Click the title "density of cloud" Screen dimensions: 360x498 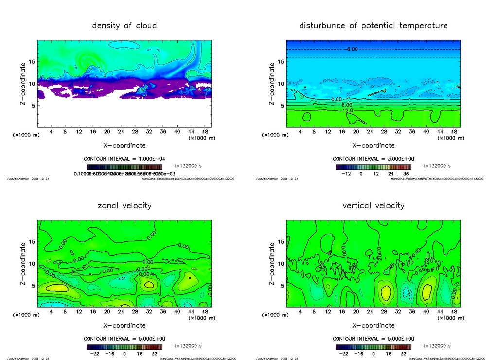click(x=124, y=25)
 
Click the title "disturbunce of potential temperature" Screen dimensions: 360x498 click(x=373, y=25)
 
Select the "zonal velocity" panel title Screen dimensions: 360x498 click(x=124, y=205)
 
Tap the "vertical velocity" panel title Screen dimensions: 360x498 click(x=373, y=205)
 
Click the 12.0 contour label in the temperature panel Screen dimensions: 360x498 click(x=348, y=111)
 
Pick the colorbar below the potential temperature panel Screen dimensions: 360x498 click(x=373, y=166)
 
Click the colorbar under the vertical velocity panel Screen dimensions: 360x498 click(x=373, y=347)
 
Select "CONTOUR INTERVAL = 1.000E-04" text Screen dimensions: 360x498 click(x=124, y=159)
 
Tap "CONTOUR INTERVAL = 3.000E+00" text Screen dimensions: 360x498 click(x=373, y=159)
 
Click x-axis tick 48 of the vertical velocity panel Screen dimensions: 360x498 click(x=454, y=311)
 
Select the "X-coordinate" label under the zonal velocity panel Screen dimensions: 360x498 click(x=124, y=325)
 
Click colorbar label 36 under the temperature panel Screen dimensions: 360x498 click(x=405, y=173)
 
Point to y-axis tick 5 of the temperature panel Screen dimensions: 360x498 click(x=281, y=106)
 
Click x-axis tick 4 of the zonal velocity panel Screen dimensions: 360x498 click(x=51, y=311)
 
